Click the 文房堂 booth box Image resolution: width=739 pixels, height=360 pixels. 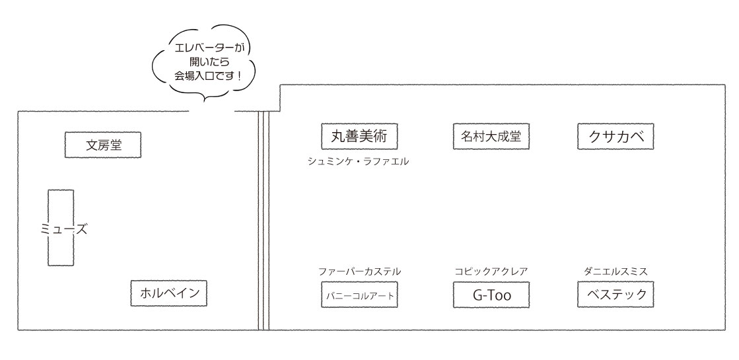(104, 145)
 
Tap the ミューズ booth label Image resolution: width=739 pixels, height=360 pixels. (61, 229)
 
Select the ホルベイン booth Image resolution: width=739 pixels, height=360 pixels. (169, 293)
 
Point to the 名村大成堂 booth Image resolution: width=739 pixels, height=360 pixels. (491, 137)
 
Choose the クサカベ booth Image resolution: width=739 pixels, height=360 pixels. (616, 137)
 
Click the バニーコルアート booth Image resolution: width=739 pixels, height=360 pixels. (360, 295)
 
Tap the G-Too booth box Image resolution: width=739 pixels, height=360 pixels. (492, 295)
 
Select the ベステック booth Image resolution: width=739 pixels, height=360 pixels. (616, 294)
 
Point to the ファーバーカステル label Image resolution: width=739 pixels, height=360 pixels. (359, 271)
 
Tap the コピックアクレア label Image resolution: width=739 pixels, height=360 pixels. (491, 271)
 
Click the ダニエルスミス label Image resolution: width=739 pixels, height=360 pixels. (615, 271)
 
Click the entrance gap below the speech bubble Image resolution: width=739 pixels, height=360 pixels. (213, 111)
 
